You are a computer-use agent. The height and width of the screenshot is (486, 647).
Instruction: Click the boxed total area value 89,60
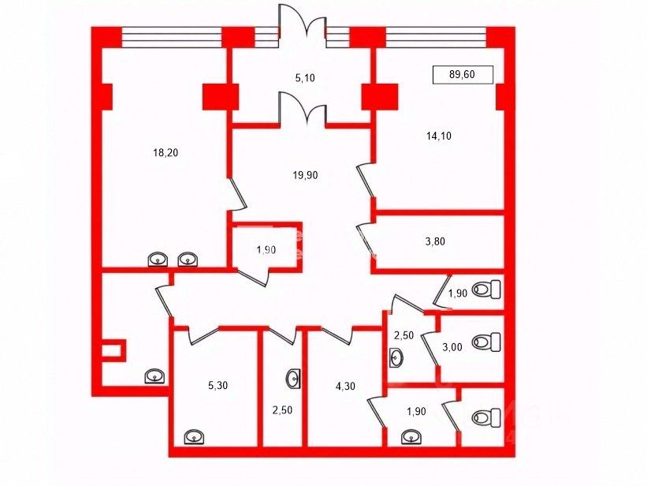click(x=462, y=74)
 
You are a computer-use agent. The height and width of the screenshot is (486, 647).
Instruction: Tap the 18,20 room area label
click(x=165, y=153)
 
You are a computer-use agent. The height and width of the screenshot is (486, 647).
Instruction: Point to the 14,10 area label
click(x=439, y=136)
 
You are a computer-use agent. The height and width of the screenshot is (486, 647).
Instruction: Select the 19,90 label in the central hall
click(x=305, y=175)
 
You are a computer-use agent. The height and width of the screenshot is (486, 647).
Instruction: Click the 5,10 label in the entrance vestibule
click(x=305, y=77)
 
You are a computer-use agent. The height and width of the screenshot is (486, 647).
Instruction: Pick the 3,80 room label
click(x=435, y=241)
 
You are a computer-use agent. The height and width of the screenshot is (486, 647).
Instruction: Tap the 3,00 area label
click(x=452, y=347)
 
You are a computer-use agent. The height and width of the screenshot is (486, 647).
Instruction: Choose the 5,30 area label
click(x=218, y=386)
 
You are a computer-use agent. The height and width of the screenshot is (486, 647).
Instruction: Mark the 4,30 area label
click(x=345, y=387)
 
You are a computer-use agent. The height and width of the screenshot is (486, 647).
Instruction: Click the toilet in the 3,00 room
click(x=486, y=342)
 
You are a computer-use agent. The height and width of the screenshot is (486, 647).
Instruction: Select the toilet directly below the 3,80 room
click(x=486, y=290)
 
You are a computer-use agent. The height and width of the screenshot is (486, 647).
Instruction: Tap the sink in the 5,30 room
click(x=194, y=437)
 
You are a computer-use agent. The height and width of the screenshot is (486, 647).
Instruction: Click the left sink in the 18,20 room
click(x=158, y=260)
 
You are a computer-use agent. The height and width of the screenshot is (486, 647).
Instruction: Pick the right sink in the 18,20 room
click(x=188, y=260)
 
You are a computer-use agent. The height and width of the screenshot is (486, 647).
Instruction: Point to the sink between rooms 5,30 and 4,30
click(x=294, y=379)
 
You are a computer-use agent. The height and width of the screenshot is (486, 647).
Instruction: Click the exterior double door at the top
click(x=303, y=21)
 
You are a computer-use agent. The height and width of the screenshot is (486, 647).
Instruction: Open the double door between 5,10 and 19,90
click(x=303, y=108)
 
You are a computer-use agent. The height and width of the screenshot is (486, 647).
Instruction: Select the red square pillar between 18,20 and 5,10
click(x=221, y=97)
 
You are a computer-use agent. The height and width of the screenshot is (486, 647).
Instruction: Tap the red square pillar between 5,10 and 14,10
click(x=380, y=97)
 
